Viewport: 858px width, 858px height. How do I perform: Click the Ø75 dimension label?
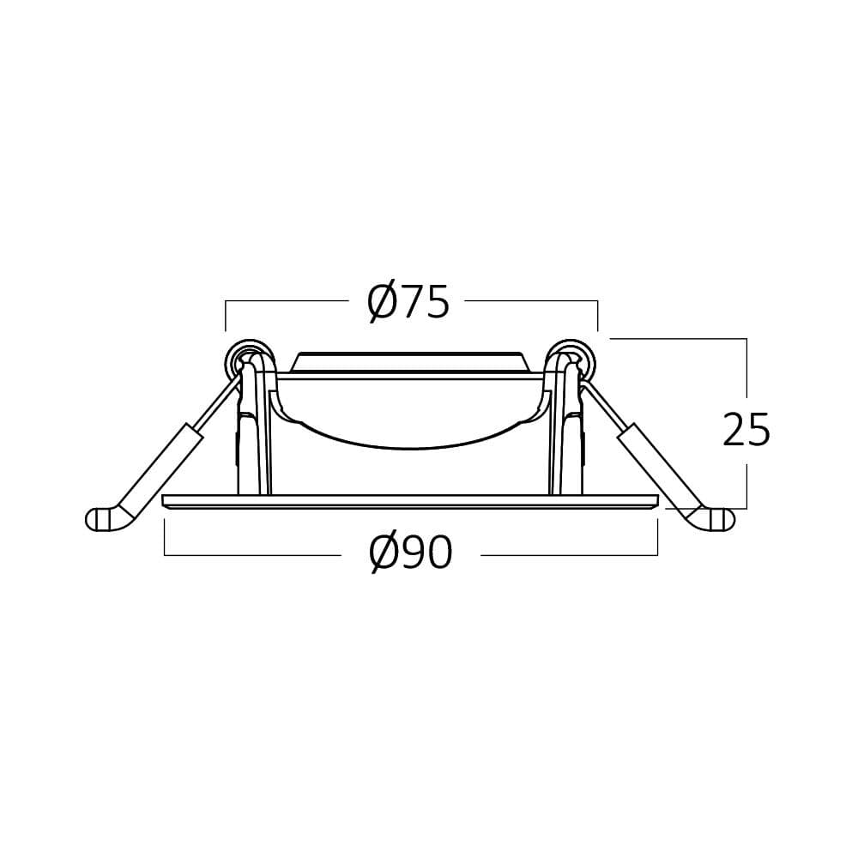[408, 302]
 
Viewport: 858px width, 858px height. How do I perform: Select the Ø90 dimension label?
[411, 554]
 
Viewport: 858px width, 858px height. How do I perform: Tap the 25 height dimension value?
[746, 430]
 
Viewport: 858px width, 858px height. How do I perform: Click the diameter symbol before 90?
[384, 555]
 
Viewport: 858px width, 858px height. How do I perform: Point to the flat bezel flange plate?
[410, 502]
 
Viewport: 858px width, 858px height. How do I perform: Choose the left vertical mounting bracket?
[250, 438]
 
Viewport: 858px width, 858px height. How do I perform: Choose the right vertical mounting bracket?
[566, 438]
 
